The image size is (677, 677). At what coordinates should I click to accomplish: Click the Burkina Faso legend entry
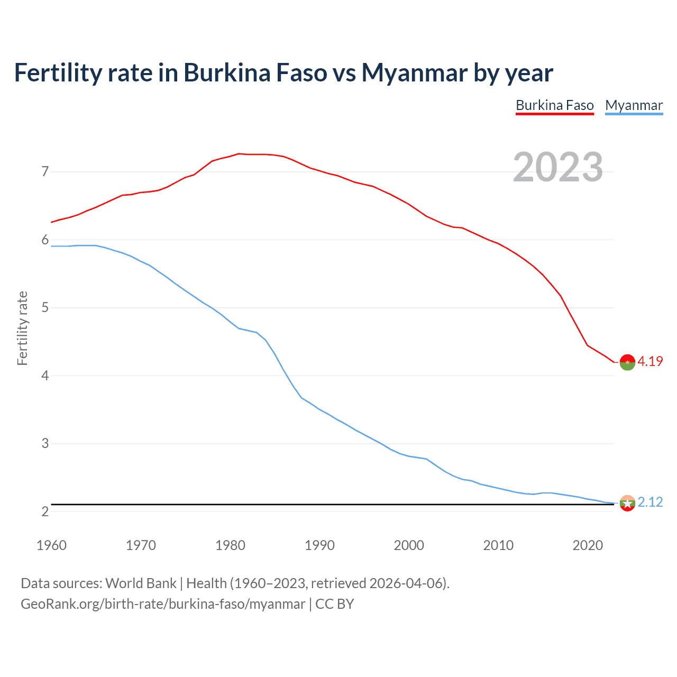(x=554, y=105)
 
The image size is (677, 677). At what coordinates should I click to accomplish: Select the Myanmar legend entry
(x=634, y=105)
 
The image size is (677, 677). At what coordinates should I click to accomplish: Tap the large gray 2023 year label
(x=557, y=167)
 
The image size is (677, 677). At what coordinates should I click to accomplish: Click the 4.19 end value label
(x=650, y=361)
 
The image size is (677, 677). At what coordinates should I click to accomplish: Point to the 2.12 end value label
(x=650, y=502)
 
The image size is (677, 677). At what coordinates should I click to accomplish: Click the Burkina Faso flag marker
(x=627, y=362)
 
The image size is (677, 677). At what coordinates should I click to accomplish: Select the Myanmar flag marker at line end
(x=627, y=503)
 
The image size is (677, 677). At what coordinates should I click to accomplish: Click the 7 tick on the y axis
(x=45, y=171)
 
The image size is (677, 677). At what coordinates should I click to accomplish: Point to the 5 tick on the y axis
(x=45, y=307)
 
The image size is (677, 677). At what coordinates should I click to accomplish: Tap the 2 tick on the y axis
(x=45, y=511)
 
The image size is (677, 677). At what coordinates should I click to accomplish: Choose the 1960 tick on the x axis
(x=51, y=545)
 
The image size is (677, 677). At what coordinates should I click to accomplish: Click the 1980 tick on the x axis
(x=230, y=545)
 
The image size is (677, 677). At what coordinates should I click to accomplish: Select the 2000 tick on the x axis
(x=409, y=545)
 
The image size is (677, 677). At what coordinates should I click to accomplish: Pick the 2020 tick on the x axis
(x=588, y=545)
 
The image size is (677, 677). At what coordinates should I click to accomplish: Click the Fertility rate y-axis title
(x=22, y=328)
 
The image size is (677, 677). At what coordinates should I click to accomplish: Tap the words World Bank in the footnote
(x=141, y=583)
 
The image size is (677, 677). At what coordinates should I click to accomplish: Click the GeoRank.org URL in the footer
(x=163, y=604)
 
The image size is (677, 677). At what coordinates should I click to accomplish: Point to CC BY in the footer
(x=335, y=604)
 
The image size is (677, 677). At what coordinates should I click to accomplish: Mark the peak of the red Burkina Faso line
(x=239, y=153)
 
